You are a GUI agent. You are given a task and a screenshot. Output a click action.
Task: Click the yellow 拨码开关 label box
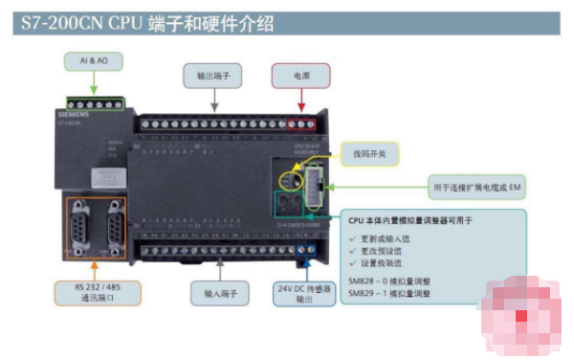click(x=370, y=152)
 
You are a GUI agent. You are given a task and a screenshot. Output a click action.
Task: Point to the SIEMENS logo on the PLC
click(x=76, y=114)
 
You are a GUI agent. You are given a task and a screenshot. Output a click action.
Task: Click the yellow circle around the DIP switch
click(x=288, y=176)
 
